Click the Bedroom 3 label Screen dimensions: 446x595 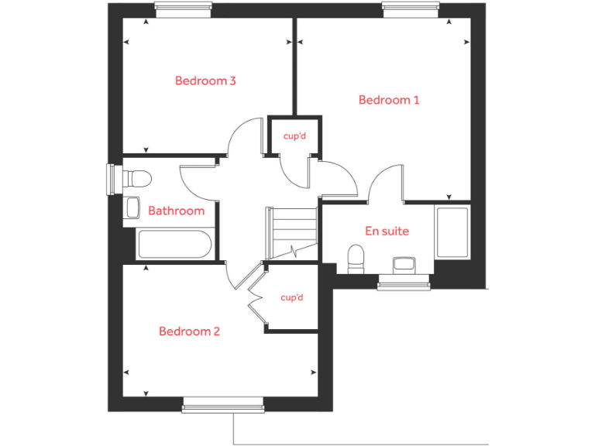point(205,81)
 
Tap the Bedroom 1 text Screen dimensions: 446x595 point(389,100)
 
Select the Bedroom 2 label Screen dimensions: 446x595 point(189,331)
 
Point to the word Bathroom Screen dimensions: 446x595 point(176,211)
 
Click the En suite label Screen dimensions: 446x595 point(387,231)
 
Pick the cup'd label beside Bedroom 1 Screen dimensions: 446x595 point(294,136)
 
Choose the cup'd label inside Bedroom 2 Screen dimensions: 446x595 point(291,297)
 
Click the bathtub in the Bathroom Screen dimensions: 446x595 point(174,244)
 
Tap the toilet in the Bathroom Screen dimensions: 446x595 point(137,179)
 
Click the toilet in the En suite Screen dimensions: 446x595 point(356,257)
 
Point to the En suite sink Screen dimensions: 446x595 point(404,264)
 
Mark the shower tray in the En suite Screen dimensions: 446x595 point(452,232)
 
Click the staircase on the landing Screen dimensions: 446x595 point(291,232)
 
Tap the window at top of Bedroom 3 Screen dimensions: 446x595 point(183,9)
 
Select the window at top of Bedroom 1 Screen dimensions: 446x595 point(411,9)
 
